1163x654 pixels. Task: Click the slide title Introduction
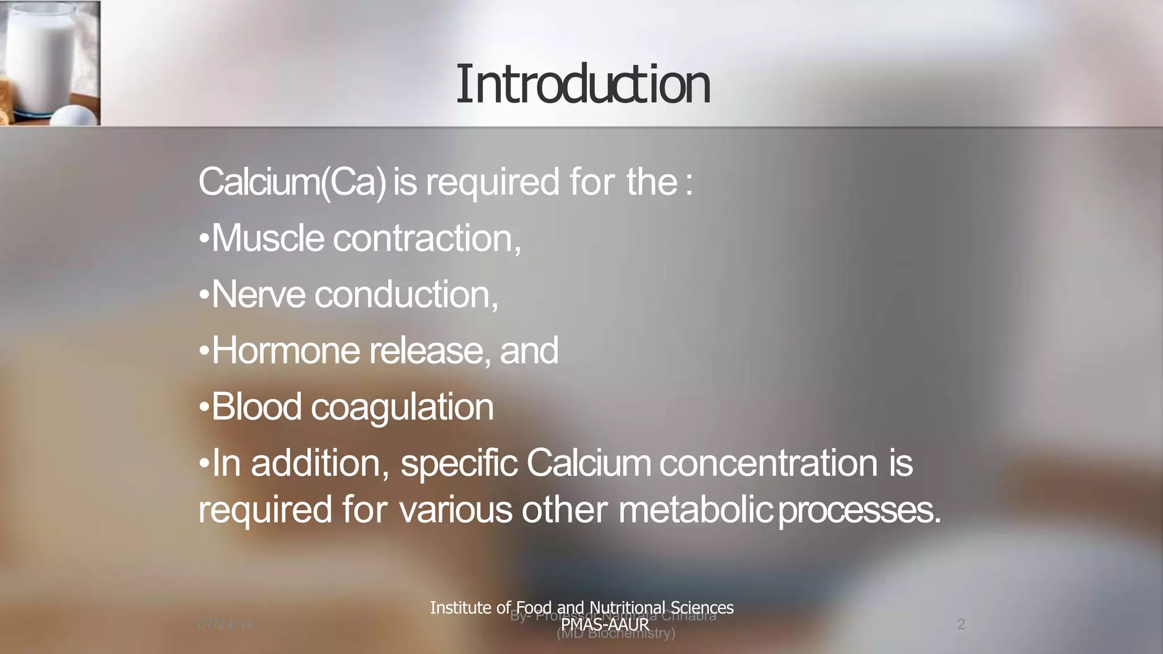pos(583,85)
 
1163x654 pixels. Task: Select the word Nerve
pos(258,295)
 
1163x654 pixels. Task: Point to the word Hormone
pos(286,351)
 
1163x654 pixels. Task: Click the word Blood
pos(256,407)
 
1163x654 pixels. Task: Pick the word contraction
pos(426,238)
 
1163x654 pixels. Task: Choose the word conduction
pos(406,295)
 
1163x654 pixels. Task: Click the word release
pos(430,351)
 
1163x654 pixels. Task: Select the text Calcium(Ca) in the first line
pos(292,183)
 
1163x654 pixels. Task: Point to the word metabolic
pos(695,509)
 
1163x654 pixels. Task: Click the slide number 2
pos(961,624)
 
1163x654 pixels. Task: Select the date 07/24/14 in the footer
pos(225,624)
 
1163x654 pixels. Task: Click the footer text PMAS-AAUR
pos(604,624)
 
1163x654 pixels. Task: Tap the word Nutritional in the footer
pos(627,607)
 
